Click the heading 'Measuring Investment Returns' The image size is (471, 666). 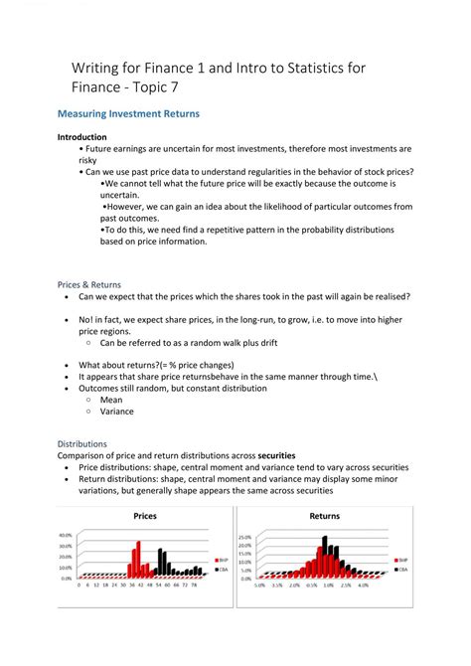coord(128,114)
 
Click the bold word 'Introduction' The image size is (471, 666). coord(81,137)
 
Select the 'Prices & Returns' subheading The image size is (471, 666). coord(88,283)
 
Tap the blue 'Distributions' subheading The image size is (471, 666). coord(81,443)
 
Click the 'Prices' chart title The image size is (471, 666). coord(145,516)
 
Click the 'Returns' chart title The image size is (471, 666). coord(324,516)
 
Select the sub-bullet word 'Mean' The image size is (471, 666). coord(110,400)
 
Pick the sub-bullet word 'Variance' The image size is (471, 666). coord(116,412)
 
